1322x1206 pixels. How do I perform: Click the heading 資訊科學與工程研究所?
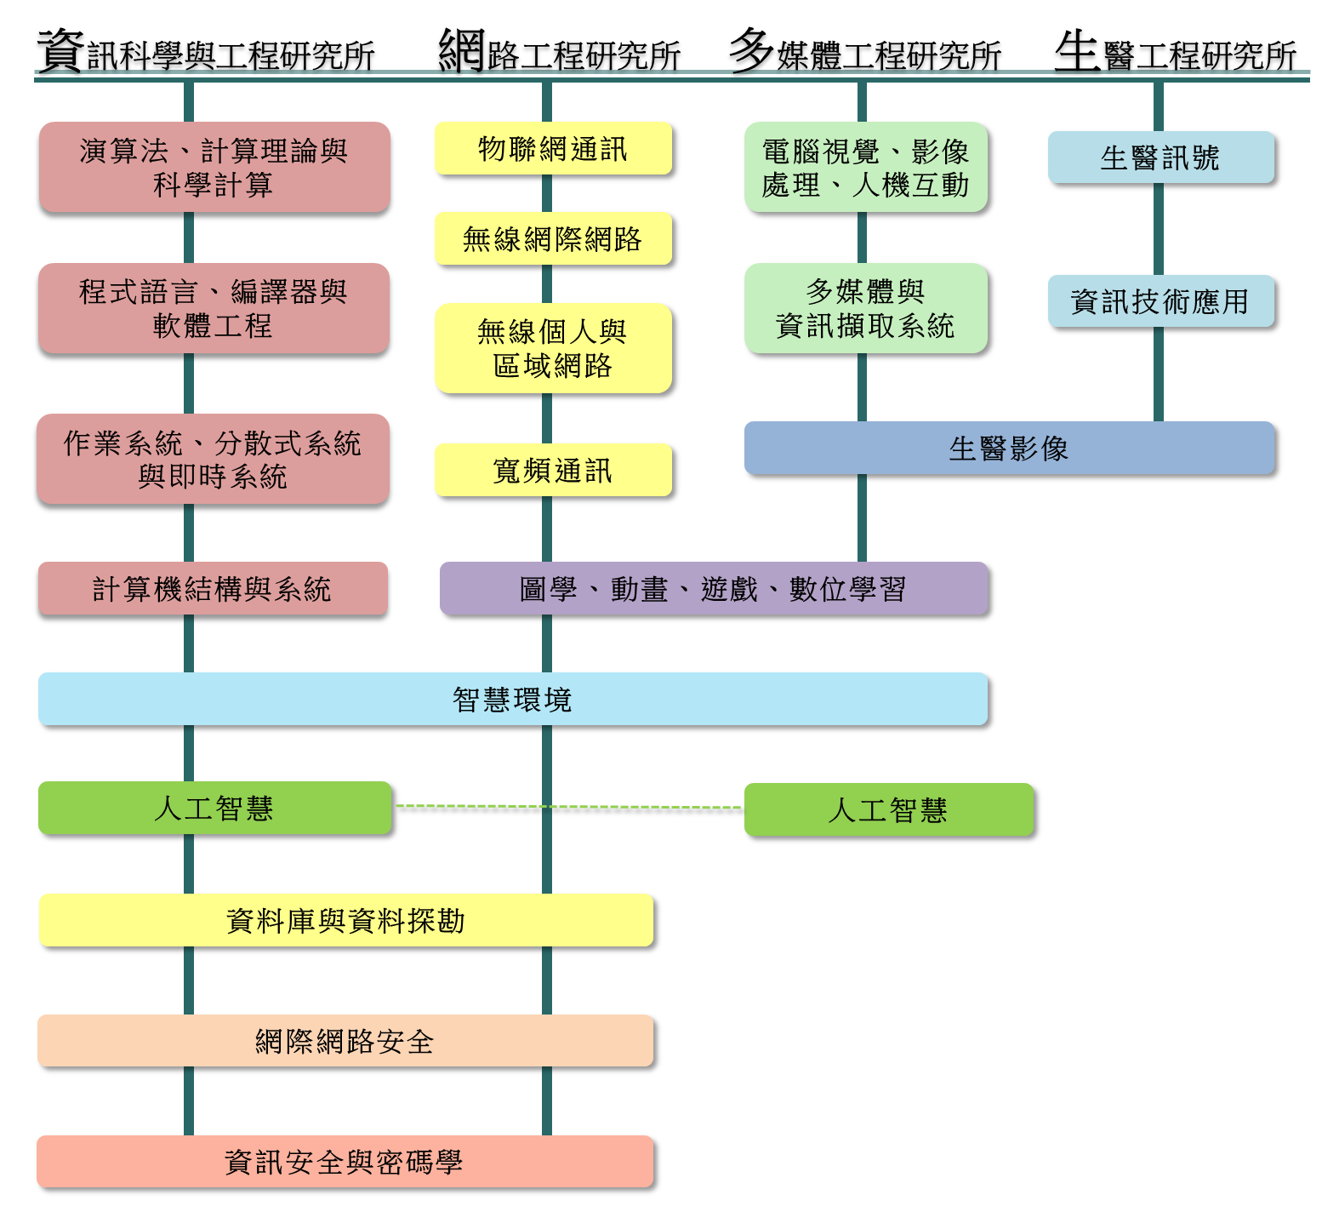click(206, 51)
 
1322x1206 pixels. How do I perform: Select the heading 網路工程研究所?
click(559, 51)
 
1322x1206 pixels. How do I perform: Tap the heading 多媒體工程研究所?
click(865, 51)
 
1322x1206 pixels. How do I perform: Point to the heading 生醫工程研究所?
click(1176, 51)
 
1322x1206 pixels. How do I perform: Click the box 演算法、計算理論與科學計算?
click(214, 168)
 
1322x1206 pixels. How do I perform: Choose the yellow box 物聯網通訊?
click(554, 149)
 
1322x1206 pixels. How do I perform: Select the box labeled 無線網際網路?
click(554, 239)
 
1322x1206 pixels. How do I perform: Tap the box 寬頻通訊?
click(554, 470)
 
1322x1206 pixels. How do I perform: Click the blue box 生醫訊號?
click(1161, 157)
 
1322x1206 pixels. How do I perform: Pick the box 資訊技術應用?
click(1161, 301)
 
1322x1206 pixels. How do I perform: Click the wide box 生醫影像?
click(1010, 448)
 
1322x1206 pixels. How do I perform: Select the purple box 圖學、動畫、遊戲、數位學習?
click(714, 588)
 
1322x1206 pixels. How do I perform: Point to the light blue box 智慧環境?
click(513, 699)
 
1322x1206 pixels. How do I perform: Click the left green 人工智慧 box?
click(214, 808)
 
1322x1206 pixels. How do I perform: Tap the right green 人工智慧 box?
click(889, 809)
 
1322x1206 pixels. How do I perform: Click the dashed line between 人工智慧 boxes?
click(568, 807)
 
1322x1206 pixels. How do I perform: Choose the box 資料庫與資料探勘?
click(346, 920)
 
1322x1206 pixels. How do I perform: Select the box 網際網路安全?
click(345, 1041)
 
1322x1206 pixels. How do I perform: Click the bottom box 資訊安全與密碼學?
click(345, 1162)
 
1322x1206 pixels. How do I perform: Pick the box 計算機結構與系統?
click(213, 588)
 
